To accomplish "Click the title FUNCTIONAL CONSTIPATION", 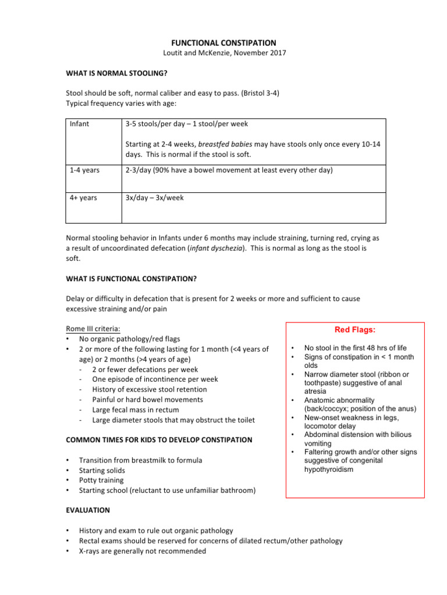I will [x=223, y=42].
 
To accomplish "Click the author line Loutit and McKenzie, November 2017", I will [x=223, y=53].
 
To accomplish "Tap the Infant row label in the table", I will [x=79, y=124].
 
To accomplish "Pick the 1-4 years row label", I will [x=83, y=170].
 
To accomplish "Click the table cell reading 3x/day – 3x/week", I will [x=154, y=198].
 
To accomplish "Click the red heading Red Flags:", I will [x=354, y=330].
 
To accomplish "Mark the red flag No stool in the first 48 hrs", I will [x=359, y=347].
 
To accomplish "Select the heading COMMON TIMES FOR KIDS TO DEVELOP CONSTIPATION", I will [x=159, y=440].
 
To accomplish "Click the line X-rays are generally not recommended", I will [x=142, y=550].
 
